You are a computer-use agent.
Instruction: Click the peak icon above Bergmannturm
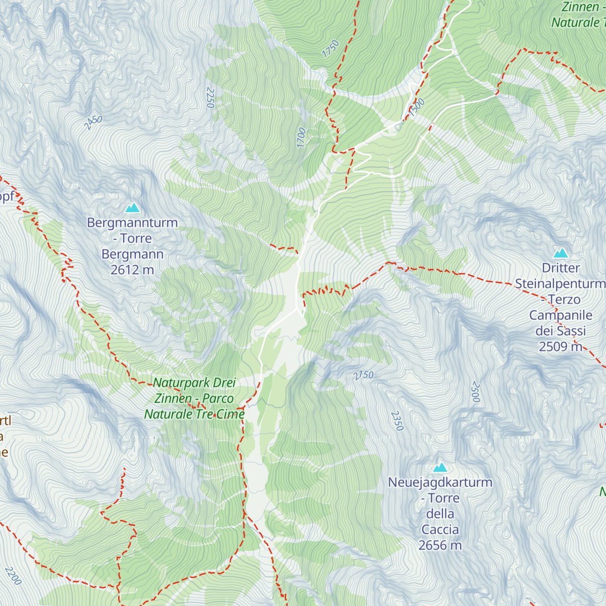[x=132, y=207]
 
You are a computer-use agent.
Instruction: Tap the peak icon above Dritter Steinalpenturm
[x=561, y=252]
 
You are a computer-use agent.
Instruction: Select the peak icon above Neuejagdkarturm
[x=440, y=467]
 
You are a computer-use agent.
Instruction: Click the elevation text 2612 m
[x=132, y=270]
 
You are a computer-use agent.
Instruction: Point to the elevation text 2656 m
[x=440, y=545]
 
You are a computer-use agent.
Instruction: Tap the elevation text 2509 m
[x=561, y=346]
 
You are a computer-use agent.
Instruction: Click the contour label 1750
[x=331, y=48]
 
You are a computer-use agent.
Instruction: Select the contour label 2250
[x=211, y=97]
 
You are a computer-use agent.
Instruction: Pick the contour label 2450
[x=93, y=123]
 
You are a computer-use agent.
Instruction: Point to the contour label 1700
[x=301, y=137]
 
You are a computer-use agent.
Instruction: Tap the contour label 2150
[x=363, y=375]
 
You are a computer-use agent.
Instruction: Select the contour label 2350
[x=397, y=421]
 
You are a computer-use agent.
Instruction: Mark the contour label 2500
[x=475, y=392]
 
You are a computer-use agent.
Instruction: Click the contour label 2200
[x=13, y=576]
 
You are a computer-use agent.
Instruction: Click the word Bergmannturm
[x=132, y=223]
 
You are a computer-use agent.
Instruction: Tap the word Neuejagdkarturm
[x=440, y=482]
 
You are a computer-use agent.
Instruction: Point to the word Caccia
[x=440, y=529]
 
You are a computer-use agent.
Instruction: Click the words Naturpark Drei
[x=194, y=383]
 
